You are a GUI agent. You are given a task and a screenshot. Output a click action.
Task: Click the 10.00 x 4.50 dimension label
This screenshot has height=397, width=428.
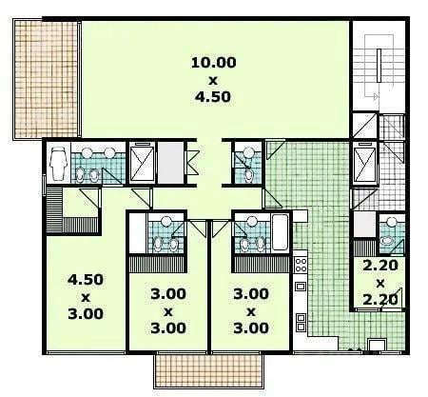213,80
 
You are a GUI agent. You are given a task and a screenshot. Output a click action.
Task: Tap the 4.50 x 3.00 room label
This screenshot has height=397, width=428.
86,297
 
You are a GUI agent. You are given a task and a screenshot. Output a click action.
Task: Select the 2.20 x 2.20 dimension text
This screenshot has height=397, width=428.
380,283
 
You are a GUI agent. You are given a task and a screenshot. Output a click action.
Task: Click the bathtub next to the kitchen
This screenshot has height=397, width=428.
280,232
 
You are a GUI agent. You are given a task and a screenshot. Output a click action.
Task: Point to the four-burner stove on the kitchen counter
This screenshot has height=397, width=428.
301,265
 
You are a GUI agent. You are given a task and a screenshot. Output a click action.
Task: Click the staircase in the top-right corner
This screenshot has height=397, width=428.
379,66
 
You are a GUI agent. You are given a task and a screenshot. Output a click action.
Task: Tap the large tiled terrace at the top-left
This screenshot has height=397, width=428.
46,79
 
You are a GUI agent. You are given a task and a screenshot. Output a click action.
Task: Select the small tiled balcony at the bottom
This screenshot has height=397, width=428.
208,370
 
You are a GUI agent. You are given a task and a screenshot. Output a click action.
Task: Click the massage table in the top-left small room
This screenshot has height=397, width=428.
59,164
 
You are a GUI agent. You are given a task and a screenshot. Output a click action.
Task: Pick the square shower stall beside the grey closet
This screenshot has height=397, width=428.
142,163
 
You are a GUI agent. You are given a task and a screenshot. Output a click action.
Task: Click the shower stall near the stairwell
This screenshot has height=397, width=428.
365,163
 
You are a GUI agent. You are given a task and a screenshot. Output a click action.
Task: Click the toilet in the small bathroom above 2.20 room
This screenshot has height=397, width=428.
387,240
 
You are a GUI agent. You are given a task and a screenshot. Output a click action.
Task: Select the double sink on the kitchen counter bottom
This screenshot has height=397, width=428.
301,322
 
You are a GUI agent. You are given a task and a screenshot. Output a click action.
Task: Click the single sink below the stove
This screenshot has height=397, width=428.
301,287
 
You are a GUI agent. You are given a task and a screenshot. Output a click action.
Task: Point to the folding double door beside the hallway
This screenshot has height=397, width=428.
192,162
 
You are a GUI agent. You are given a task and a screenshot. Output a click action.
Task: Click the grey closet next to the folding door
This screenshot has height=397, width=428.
171,163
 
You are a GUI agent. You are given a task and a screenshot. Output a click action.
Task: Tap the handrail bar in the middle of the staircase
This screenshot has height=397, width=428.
379,66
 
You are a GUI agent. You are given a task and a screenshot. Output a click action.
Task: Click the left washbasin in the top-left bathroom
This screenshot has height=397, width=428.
87,152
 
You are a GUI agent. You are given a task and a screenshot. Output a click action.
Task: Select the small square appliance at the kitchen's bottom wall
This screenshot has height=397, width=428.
377,345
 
